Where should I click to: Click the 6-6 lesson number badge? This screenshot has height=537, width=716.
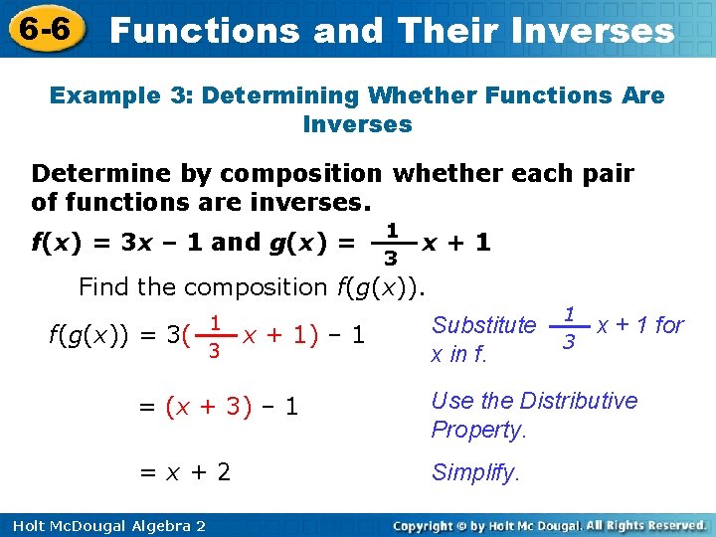pos(43,30)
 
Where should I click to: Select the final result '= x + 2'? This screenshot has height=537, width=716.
pos(184,472)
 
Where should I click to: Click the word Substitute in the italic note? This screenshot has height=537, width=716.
pos(483,325)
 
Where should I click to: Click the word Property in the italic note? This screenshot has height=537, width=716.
pos(476,430)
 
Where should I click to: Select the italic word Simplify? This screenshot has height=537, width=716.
pos(475,473)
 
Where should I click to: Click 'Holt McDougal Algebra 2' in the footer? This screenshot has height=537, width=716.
pos(103,525)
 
